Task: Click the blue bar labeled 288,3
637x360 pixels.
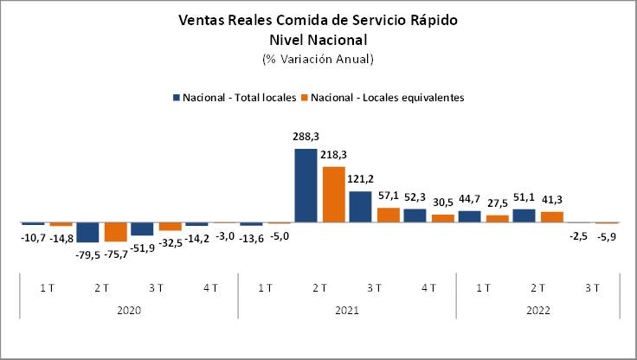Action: [x=306, y=185]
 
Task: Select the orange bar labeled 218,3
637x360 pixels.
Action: [x=333, y=194]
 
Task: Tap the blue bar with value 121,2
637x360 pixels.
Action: [x=360, y=206]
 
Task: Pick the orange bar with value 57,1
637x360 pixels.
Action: [x=388, y=215]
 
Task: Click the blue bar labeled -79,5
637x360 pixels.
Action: [x=87, y=232]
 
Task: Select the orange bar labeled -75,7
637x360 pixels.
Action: [x=115, y=231]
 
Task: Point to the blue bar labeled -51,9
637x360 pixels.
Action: [x=142, y=228]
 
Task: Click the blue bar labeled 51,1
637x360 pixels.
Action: [x=524, y=215]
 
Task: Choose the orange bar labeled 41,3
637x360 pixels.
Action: [x=551, y=216]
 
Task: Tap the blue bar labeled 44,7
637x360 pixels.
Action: [x=469, y=216]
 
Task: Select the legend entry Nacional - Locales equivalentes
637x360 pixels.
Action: [x=386, y=98]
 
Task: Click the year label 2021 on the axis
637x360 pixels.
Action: [x=346, y=310]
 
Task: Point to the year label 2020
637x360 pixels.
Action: [x=128, y=310]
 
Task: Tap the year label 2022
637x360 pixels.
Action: [x=537, y=310]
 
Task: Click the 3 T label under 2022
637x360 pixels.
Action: [x=592, y=286]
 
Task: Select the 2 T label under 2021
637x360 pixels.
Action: [x=319, y=286]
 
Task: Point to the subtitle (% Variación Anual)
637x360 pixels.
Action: [x=318, y=59]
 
